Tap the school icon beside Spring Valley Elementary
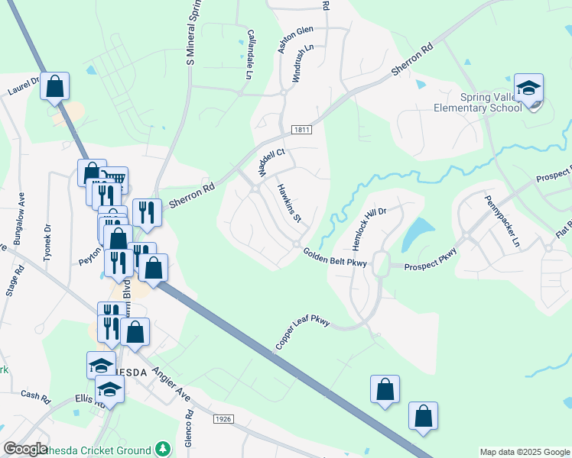click(528, 88)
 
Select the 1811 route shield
click(301, 131)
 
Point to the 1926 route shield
click(223, 418)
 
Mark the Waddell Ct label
click(271, 163)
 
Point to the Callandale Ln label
click(249, 55)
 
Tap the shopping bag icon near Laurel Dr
click(55, 86)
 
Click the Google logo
click(25, 449)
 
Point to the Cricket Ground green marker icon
click(161, 448)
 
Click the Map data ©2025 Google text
click(525, 452)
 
